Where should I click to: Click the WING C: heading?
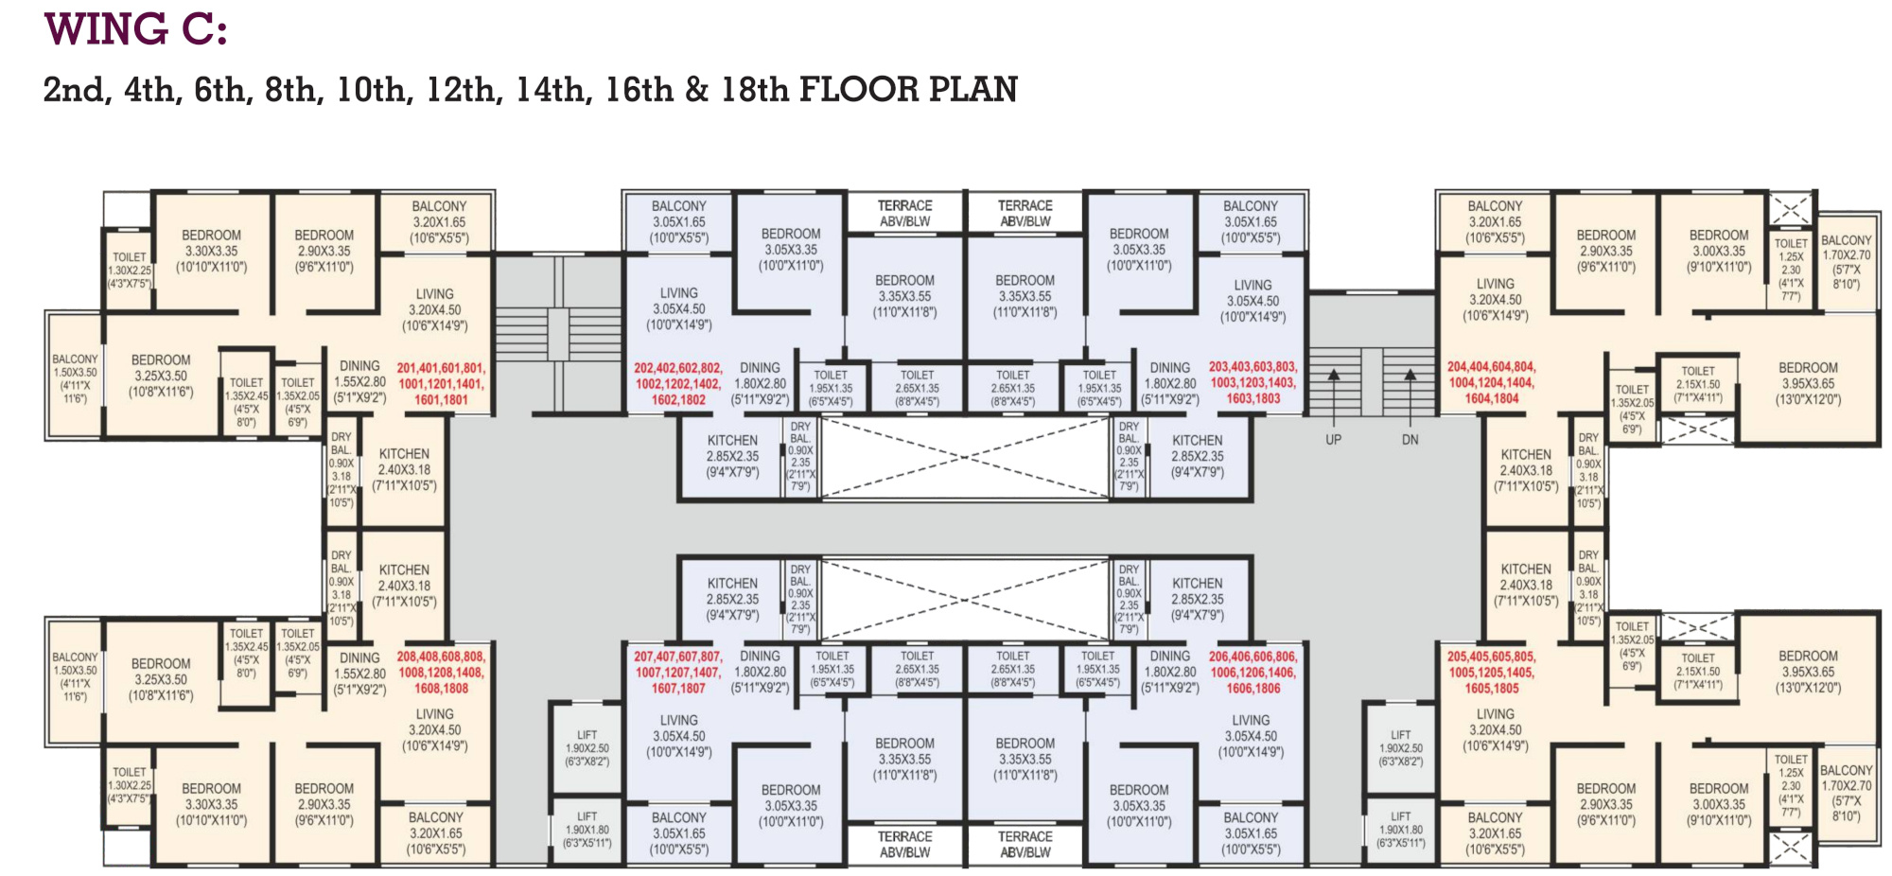135,29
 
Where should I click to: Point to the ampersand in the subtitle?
696,90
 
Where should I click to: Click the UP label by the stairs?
1333,440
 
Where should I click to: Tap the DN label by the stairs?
1410,440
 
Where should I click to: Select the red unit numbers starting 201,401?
441,384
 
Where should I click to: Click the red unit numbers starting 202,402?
678,384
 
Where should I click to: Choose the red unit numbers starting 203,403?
1253,383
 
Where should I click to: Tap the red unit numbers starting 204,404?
1492,383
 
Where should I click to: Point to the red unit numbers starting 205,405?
1492,673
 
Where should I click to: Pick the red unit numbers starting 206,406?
1253,673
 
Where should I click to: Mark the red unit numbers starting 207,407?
678,673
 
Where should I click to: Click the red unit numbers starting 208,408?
441,673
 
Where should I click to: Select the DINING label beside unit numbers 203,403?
1170,368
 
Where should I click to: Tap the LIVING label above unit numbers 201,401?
434,294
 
